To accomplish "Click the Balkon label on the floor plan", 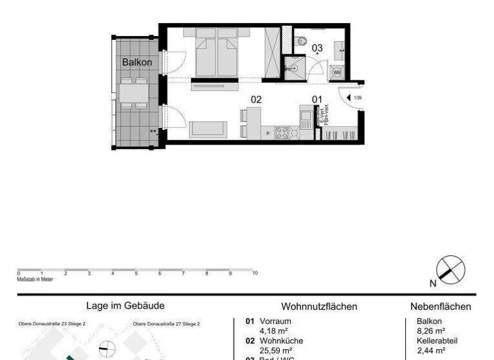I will click(x=137, y=62).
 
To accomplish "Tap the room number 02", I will click(x=256, y=99).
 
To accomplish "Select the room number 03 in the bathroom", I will click(x=317, y=48).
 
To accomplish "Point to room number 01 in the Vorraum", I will click(x=316, y=99).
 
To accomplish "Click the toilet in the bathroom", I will click(x=302, y=41).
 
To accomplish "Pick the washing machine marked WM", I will click(x=336, y=71).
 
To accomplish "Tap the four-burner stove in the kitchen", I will click(x=282, y=132).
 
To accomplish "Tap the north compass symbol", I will click(x=450, y=268).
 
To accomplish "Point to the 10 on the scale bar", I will click(x=255, y=273).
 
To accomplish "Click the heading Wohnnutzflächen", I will click(x=319, y=307).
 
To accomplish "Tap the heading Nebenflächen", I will click(x=441, y=307).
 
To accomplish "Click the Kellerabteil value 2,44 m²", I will click(x=430, y=350).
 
